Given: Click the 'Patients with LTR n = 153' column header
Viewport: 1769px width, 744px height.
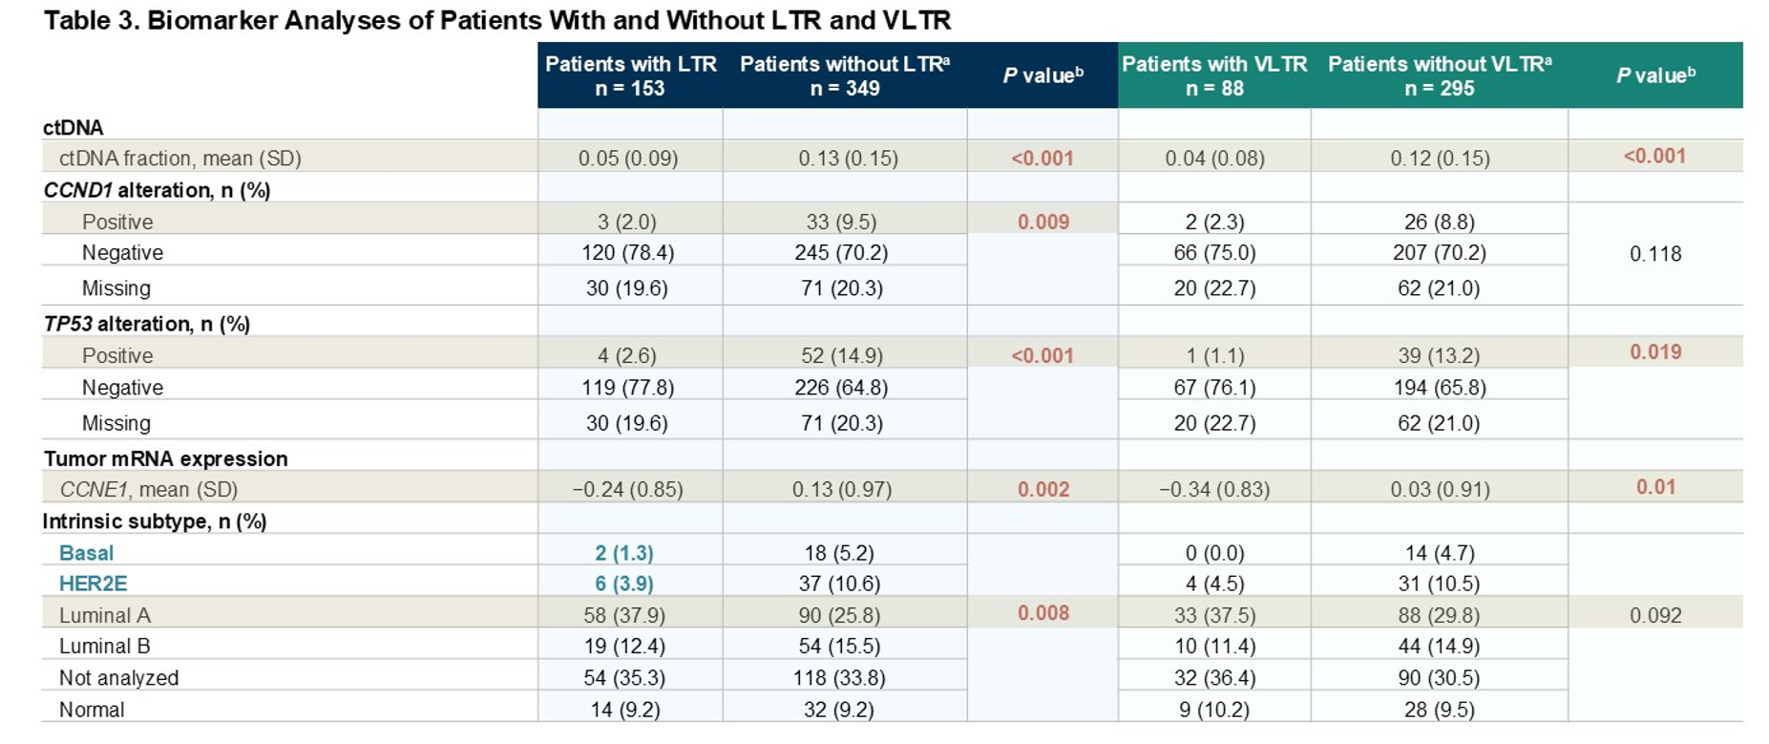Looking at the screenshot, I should tap(630, 75).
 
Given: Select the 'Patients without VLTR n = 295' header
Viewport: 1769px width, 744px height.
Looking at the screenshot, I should tap(1439, 75).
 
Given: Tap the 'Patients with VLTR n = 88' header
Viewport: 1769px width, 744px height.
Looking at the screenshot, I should tap(1213, 75).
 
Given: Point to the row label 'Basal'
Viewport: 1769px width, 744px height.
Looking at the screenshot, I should tap(86, 553).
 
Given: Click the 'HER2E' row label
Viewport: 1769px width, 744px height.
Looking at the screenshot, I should tap(93, 584).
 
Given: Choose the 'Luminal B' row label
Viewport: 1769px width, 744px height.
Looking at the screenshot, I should tap(104, 647).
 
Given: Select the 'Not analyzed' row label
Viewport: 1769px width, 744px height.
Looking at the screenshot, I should tap(118, 678).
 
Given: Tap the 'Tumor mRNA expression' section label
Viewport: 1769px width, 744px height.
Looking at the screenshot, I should tap(165, 458).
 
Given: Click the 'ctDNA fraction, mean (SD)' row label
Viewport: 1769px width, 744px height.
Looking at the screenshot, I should tap(179, 159).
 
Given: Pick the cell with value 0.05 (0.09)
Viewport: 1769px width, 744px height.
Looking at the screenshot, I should tap(628, 159).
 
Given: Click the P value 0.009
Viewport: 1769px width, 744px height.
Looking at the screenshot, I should tap(1042, 222).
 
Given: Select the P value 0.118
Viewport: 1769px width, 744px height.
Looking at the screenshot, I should tap(1654, 254).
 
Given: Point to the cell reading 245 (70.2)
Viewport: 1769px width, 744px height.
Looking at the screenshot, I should tap(841, 253).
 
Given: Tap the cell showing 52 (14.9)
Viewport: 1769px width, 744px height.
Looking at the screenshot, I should tap(841, 355).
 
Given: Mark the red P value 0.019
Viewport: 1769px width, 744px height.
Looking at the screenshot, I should tap(1654, 352).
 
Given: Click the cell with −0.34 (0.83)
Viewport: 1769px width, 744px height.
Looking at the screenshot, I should tap(1213, 490).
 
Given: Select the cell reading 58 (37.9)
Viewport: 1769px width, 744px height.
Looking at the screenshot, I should tap(624, 615).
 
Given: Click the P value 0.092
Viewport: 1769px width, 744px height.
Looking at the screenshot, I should tap(1654, 616).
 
